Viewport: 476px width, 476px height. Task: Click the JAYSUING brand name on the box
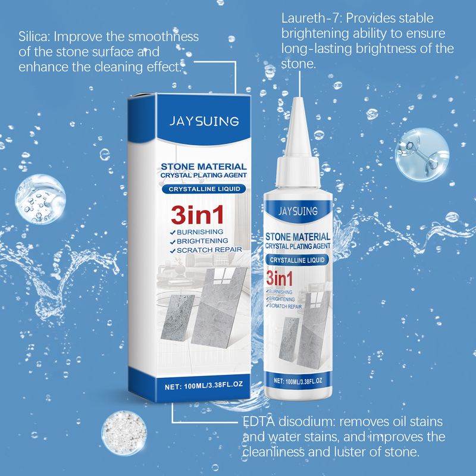coord(204,121)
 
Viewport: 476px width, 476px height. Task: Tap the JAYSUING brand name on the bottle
coord(298,211)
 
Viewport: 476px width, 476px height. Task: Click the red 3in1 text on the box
coord(198,215)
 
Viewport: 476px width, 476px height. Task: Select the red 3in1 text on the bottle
coord(280,278)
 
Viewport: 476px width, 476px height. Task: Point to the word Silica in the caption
coord(33,37)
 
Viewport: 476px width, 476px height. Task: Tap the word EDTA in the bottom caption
coord(259,421)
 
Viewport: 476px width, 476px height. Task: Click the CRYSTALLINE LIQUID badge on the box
coord(204,189)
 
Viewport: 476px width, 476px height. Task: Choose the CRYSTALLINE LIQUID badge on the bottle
coord(297,260)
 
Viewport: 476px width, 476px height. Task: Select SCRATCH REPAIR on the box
coord(206,250)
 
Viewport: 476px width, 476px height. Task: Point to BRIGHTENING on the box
coord(199,241)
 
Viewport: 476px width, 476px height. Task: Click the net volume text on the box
coord(203,385)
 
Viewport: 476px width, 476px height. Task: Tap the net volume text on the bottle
coord(298,381)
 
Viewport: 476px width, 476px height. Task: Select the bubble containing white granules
coord(124,433)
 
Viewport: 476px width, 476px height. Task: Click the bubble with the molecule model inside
coord(422,155)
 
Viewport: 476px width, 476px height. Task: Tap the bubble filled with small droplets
coord(40,199)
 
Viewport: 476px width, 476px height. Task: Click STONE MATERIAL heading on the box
coord(203,167)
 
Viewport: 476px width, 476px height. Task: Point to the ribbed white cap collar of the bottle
coord(298,172)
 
